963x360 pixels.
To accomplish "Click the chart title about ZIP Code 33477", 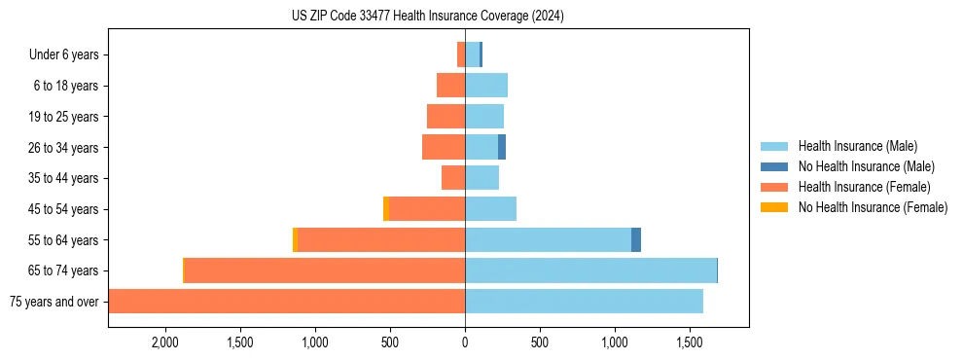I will pos(427,16).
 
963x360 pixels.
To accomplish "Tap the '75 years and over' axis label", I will pos(53,302).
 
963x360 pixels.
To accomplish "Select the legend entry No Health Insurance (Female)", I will pos(873,207).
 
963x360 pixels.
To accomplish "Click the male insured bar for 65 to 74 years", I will pos(590,270).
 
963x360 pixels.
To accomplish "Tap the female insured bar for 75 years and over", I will pos(287,302).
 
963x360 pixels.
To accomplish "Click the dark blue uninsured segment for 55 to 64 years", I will pos(636,239).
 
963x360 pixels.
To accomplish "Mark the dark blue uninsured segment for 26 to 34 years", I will pos(502,147).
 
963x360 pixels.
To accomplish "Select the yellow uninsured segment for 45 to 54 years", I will pos(386,209).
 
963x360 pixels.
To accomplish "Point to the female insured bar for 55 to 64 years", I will pos(381,239).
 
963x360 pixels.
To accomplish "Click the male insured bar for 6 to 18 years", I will pos(486,86).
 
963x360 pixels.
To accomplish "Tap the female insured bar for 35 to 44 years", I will pos(453,178).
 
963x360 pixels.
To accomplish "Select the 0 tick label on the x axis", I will pos(465,342).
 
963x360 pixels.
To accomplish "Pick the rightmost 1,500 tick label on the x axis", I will pos(690,342).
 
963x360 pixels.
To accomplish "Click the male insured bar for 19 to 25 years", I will pos(484,117).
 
